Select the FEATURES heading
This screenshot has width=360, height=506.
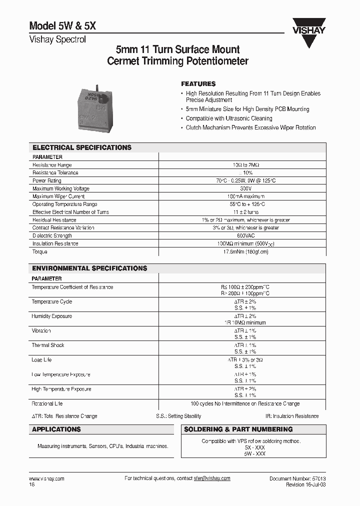coord(198,84)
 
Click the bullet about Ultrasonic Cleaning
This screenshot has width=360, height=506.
coord(229,118)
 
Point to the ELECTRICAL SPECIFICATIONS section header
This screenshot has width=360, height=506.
coord(82,147)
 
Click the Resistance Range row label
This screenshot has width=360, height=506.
coord(52,165)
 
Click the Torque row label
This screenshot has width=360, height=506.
coord(39,251)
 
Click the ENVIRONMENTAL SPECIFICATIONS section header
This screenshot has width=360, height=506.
coord(89,268)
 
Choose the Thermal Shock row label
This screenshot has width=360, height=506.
coord(48,345)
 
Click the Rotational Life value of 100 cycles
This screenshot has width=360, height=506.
coord(245,403)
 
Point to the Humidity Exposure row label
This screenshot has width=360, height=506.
coord(51,316)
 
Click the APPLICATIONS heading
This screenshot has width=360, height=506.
coord(56,429)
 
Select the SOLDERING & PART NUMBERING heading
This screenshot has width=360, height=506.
coord(238,429)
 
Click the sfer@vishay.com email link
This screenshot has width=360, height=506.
coord(212,478)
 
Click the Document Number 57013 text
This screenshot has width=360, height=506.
coord(297,478)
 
